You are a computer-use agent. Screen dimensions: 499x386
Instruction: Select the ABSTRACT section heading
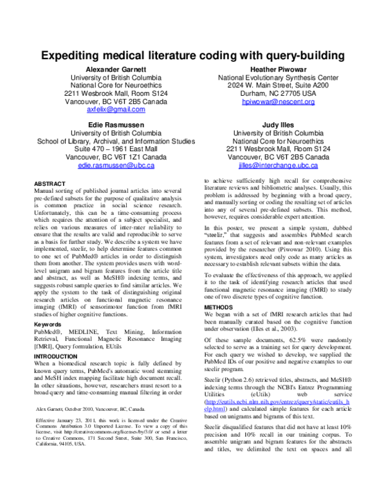50,183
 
